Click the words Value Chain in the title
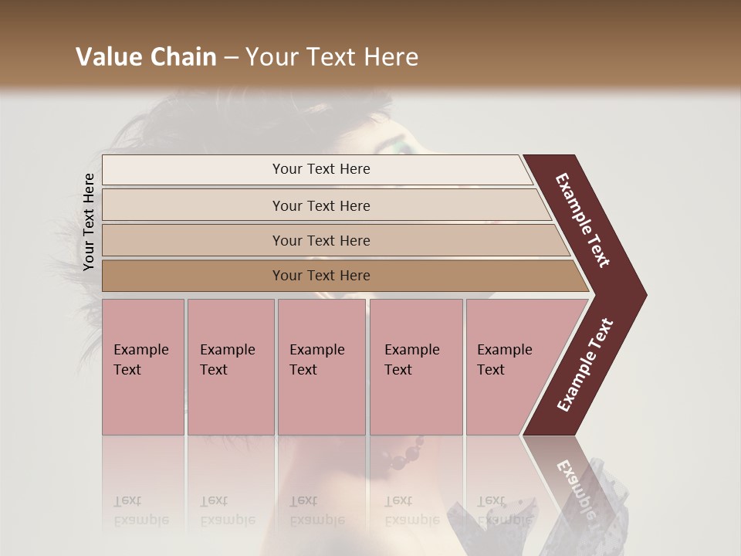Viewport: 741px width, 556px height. tap(146, 57)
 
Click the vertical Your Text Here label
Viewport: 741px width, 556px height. tap(89, 222)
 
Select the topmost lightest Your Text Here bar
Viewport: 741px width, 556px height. tap(321, 169)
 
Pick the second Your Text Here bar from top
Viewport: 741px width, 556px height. tap(321, 205)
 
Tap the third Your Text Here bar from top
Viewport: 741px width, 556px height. tap(321, 240)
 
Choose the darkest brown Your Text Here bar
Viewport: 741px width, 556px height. tap(321, 276)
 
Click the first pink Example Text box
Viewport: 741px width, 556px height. tap(143, 366)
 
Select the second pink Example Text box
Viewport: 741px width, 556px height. tap(230, 366)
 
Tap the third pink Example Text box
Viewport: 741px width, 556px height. tap(321, 366)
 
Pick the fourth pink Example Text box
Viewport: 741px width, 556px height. tap(415, 366)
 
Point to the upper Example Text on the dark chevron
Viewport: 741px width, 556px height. tap(584, 220)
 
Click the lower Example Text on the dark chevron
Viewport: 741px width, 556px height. tap(585, 364)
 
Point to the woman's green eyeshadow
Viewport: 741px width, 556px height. tap(408, 144)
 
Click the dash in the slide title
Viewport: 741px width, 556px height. tap(231, 57)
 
